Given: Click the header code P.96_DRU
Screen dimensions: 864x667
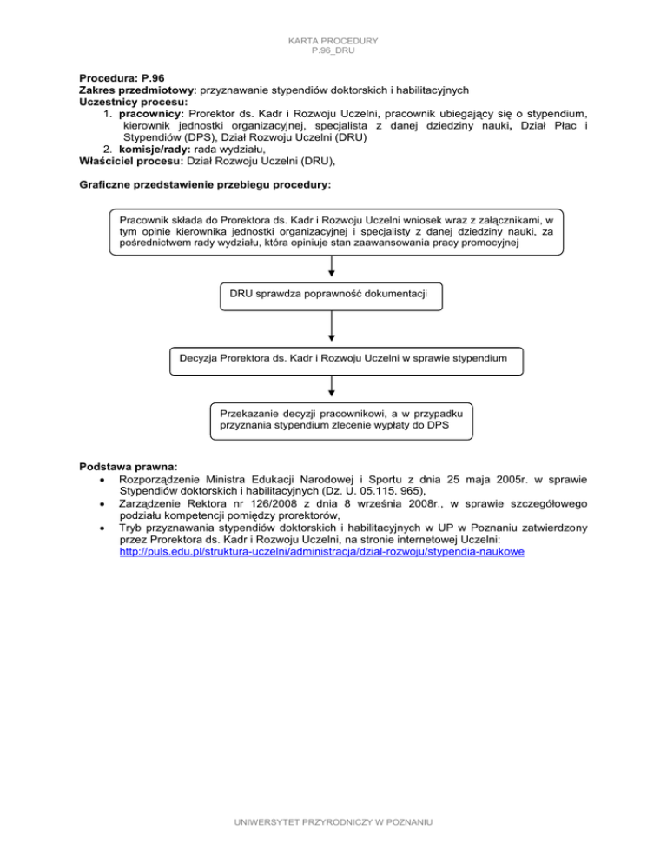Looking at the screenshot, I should coord(333,51).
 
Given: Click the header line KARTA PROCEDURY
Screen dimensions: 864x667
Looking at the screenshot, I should coord(333,40).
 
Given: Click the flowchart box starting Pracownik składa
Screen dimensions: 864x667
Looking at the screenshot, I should coord(336,231).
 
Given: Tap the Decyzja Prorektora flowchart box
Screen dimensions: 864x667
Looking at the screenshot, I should coord(345,357).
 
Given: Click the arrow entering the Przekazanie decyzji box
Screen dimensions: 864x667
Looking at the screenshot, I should coord(333,391).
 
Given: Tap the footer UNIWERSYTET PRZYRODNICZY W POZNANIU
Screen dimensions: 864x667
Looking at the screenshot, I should coord(333,846).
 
